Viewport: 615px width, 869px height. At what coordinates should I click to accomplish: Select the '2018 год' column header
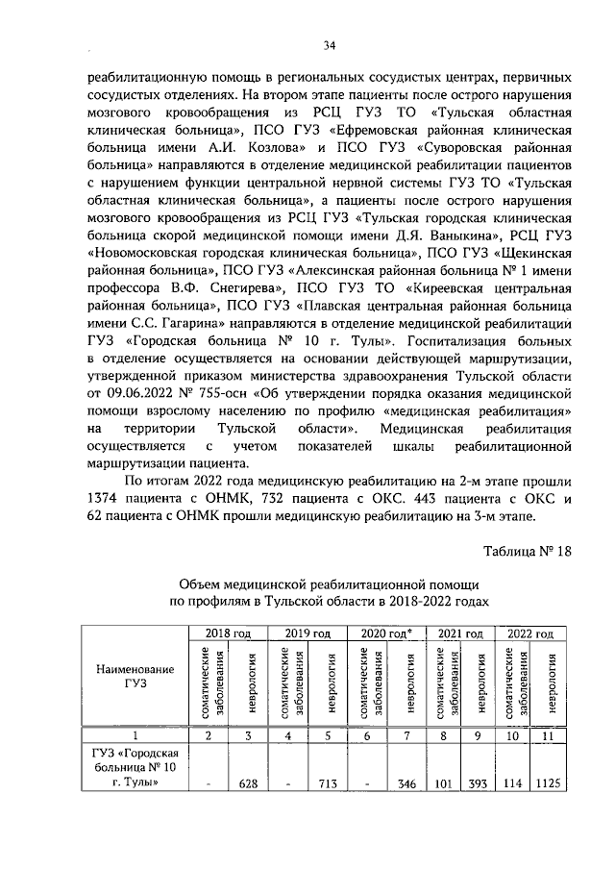(226, 634)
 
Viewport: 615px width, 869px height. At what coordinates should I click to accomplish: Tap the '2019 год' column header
(308, 634)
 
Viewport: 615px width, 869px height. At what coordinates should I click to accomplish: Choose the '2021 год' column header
(460, 634)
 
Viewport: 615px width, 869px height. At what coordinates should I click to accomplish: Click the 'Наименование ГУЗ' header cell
(133, 675)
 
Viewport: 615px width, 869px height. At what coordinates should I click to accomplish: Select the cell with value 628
(251, 783)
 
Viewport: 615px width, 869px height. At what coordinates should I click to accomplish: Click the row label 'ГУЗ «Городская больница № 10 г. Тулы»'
(133, 767)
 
